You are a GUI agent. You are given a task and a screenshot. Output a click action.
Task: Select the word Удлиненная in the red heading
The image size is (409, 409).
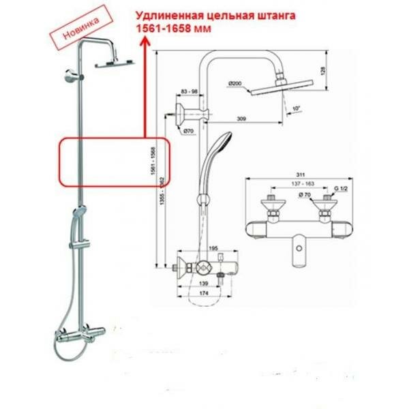(167, 15)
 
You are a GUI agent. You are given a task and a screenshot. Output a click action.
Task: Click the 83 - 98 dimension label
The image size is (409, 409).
(189, 91)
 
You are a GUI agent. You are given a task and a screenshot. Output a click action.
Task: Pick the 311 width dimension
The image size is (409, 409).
(296, 175)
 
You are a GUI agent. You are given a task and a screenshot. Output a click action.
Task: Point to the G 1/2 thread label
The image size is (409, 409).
(333, 185)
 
